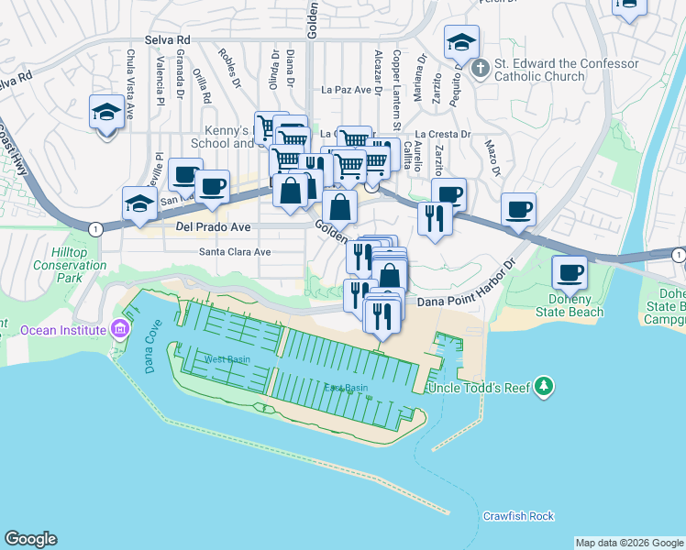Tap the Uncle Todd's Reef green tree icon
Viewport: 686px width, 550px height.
point(545,386)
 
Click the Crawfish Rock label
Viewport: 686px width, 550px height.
point(518,516)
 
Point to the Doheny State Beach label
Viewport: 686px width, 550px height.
point(577,305)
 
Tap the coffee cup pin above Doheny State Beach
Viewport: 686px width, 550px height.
point(570,272)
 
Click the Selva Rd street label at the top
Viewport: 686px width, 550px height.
point(167,41)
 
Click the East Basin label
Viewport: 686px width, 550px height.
point(346,388)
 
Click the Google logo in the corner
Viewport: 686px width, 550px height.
point(30,539)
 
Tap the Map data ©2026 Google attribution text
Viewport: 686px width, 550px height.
point(629,543)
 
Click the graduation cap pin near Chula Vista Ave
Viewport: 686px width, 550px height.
point(106,113)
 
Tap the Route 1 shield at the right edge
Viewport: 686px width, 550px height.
point(677,254)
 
